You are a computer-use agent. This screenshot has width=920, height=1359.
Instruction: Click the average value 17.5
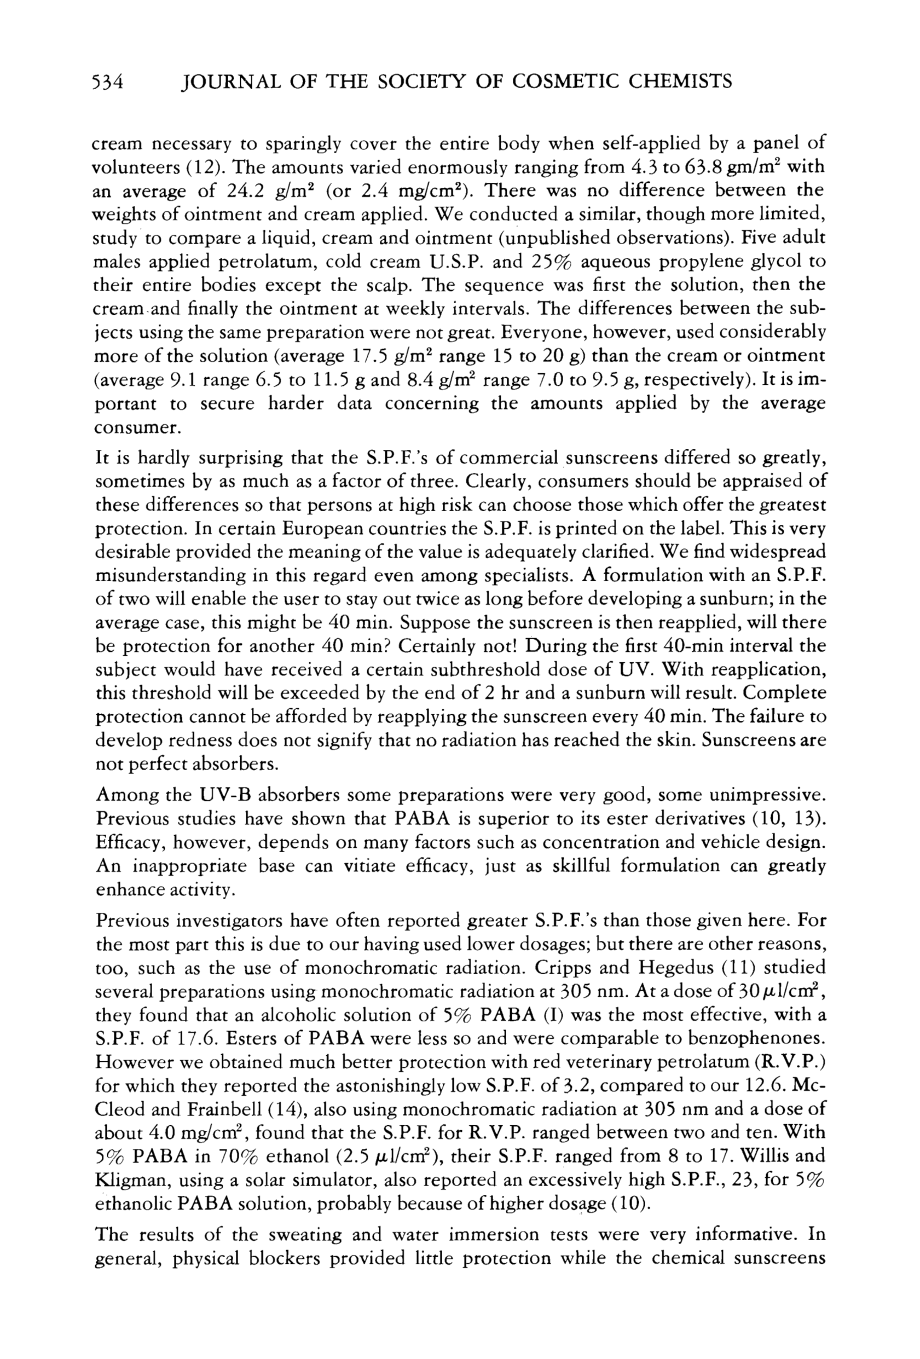(373, 356)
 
